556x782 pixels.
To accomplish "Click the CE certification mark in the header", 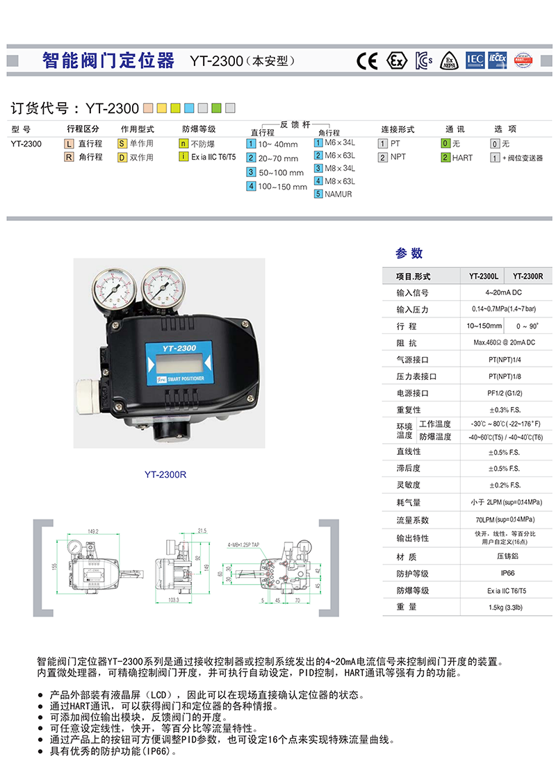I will click(367, 60).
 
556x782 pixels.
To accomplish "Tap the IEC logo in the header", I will click(475, 60).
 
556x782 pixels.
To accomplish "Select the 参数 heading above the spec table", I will click(409, 253).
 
